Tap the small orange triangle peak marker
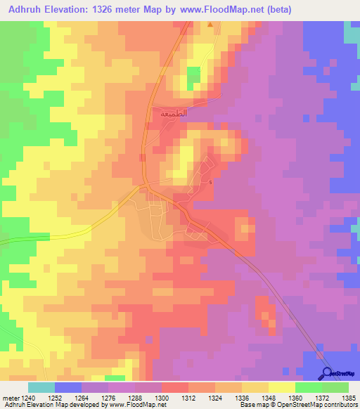[x=210, y=25]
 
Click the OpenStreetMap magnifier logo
[x=327, y=373]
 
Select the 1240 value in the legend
[x=29, y=398]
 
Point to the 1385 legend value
[x=348, y=398]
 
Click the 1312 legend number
[x=189, y=398]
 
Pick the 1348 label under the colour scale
[x=269, y=398]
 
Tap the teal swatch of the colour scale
[x=41, y=387]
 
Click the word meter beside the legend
[x=11, y=398]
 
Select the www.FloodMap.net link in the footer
[x=130, y=405]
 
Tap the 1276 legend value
[x=109, y=398]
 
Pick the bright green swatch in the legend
[x=308, y=387]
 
